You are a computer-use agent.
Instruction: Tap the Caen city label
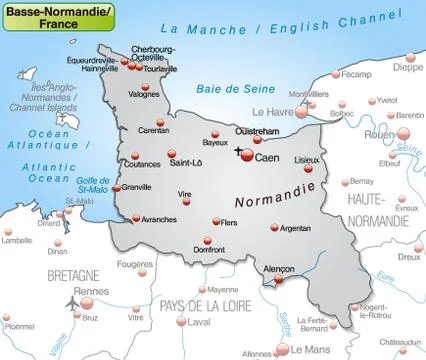[x=266, y=158]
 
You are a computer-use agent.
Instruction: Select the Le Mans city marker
[x=284, y=347]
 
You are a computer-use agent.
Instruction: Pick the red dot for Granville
[x=116, y=187]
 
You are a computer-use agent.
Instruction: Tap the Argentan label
[x=296, y=228]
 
